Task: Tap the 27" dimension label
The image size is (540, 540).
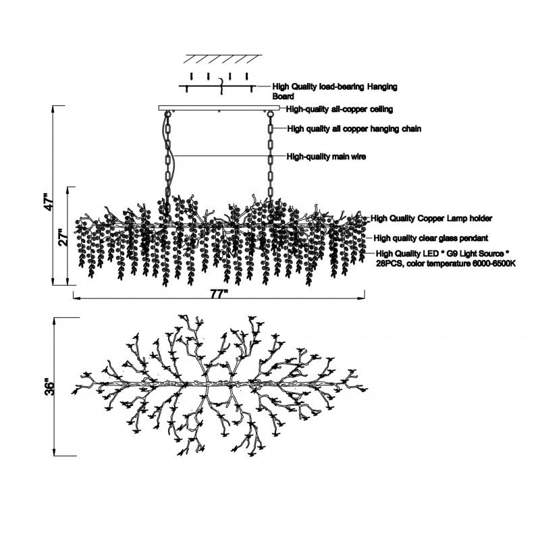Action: (x=63, y=237)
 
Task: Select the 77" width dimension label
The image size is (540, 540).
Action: (x=219, y=294)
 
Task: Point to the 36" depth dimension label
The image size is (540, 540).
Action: (x=49, y=387)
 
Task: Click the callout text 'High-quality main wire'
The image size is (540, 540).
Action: (x=326, y=157)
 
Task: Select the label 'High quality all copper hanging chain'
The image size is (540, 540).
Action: (x=354, y=129)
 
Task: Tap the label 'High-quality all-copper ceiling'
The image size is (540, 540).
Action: (x=340, y=109)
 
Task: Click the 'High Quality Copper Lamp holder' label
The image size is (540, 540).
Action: (x=431, y=218)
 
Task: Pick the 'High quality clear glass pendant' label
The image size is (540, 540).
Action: (x=431, y=238)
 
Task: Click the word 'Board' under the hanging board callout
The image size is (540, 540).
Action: (x=283, y=96)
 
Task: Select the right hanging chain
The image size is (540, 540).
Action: (x=271, y=160)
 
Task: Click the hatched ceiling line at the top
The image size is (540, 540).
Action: (x=223, y=59)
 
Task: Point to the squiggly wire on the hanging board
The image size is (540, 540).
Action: (x=222, y=86)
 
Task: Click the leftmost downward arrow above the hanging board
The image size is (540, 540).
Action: (x=192, y=76)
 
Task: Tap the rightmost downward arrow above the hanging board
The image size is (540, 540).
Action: (x=246, y=76)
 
